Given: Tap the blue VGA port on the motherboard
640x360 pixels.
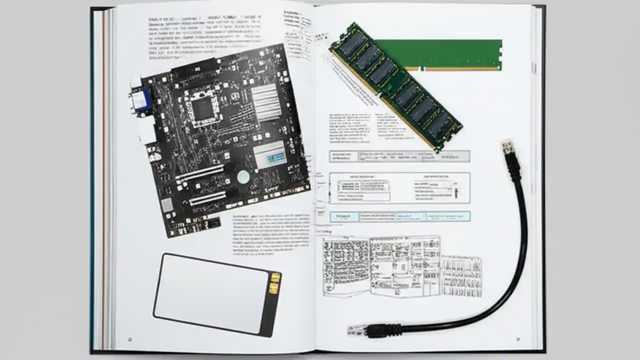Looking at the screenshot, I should point(140,100).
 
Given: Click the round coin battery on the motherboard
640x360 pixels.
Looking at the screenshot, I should point(243,176).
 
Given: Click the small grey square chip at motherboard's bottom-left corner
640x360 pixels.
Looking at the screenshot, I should point(167,205).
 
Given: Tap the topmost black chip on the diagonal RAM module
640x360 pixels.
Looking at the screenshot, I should point(353,43).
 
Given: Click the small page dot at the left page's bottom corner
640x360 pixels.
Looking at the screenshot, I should point(130,339).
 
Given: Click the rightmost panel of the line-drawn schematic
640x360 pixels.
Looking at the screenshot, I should point(461,275).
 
